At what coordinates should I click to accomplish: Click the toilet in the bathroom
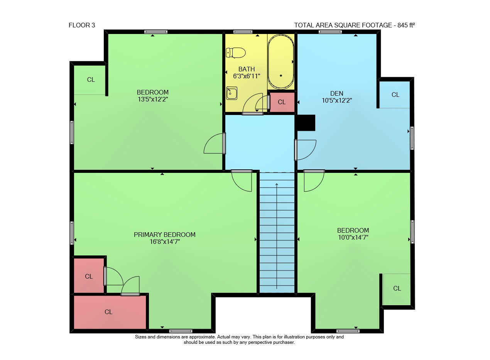236,53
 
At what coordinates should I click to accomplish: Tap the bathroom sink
231,93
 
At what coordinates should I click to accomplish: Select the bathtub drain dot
281,76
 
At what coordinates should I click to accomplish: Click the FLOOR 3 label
82,25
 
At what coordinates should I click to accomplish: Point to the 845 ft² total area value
406,25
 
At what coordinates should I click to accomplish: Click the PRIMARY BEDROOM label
164,235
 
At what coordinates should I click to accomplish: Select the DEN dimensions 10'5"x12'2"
337,101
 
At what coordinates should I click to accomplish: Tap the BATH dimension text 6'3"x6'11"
247,76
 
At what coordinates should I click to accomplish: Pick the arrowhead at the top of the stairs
277,184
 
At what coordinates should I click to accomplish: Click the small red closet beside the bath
282,102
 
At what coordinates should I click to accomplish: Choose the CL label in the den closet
395,95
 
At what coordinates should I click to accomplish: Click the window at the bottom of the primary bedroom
181,331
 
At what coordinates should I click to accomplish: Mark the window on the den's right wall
412,138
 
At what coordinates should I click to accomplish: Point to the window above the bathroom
243,32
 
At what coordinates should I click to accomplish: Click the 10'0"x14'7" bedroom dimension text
353,238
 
